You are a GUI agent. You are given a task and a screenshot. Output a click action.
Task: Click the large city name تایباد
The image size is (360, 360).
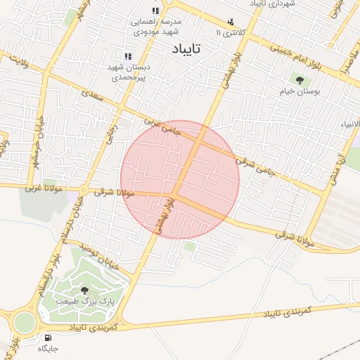tap(186, 49)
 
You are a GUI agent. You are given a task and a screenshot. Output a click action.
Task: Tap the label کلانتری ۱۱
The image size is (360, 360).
tap(233, 32)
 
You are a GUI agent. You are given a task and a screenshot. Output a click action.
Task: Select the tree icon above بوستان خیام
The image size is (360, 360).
tap(301, 81)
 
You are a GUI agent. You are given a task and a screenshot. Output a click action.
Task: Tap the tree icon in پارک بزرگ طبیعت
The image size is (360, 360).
tap(85, 290)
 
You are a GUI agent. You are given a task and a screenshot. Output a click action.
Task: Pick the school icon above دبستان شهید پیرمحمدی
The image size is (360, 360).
tap(128, 56)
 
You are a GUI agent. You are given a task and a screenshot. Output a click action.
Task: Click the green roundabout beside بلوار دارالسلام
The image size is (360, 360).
tap(23, 322)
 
